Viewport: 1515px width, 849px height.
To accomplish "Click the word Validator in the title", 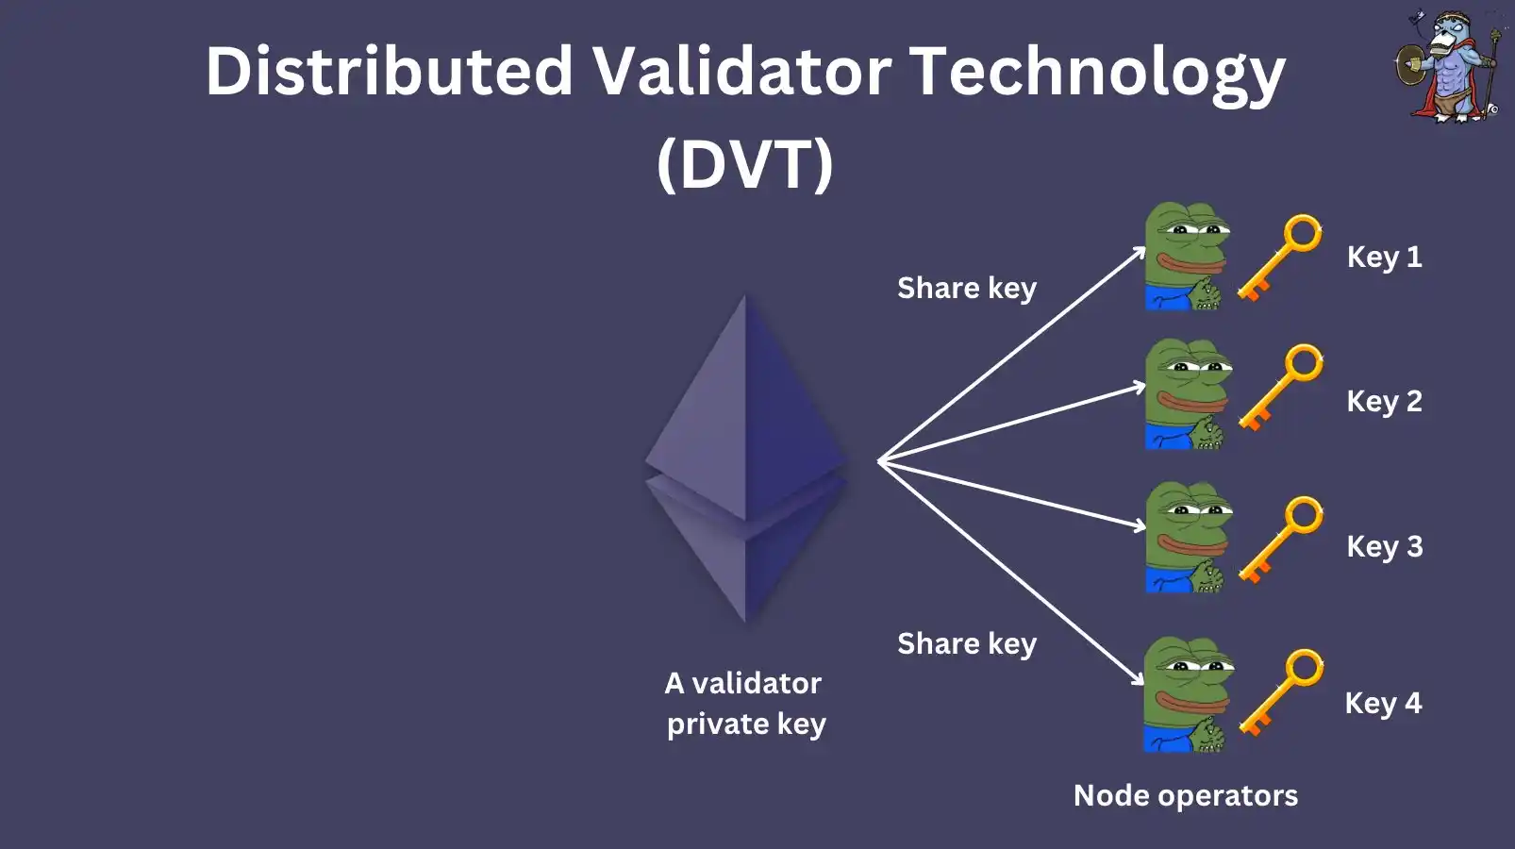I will (741, 72).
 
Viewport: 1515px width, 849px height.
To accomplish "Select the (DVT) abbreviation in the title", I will (745, 163).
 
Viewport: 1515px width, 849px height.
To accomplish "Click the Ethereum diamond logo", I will (746, 459).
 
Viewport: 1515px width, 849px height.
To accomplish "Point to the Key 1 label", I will (1384, 258).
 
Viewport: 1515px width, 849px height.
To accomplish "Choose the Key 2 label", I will (1384, 402).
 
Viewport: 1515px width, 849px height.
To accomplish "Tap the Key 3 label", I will (1384, 547).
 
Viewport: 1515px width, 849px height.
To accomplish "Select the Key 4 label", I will (1383, 704).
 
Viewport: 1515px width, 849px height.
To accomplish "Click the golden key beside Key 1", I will (1279, 258).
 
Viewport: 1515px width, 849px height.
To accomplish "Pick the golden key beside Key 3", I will (1280, 540).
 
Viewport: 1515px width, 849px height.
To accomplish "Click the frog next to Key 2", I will (1186, 394).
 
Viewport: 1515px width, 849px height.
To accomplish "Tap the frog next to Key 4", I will (1186, 694).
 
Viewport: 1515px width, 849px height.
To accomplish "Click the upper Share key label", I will (966, 289).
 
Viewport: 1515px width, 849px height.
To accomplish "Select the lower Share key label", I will (966, 644).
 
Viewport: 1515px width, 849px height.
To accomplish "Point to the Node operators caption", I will (1185, 796).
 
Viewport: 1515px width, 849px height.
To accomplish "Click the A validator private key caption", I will (744, 704).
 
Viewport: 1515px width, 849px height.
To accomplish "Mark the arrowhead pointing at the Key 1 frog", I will (1140, 253).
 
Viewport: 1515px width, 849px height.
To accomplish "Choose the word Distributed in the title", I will (390, 72).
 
